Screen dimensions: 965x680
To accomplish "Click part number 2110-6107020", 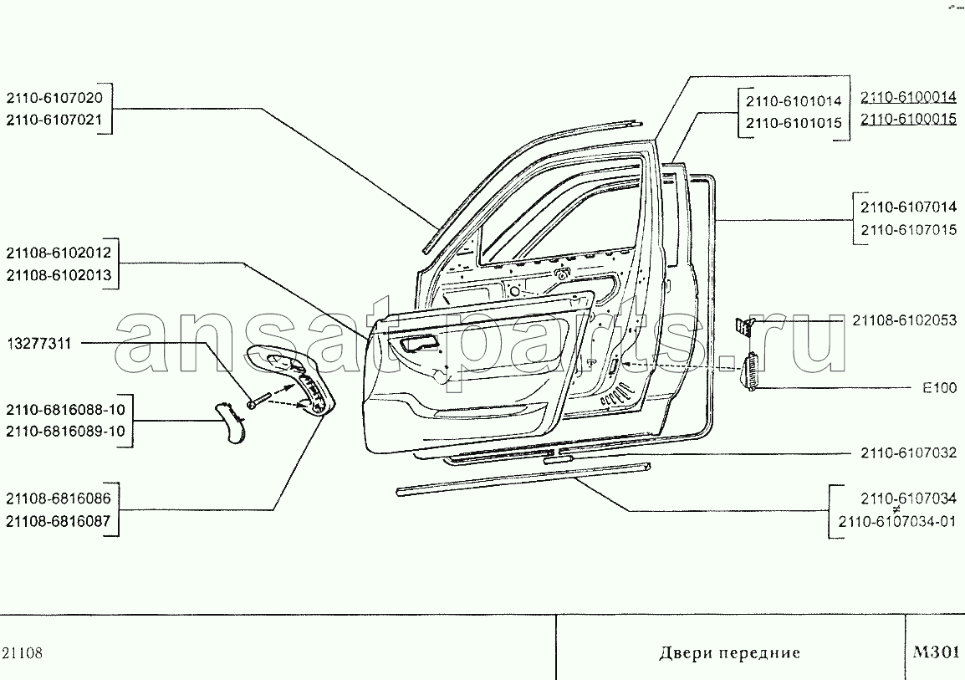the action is pos(55,98).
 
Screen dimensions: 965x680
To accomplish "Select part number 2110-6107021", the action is pos(55,120).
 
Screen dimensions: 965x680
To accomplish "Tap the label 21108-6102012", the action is pos(59,253).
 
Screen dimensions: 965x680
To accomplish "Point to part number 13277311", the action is pos(39,344).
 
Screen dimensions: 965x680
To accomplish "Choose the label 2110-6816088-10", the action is pos(66,410).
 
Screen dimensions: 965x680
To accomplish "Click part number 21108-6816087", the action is pos(59,521).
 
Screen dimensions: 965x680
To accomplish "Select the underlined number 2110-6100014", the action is pos(908,97).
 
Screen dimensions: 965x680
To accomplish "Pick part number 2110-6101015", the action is pos(794,123).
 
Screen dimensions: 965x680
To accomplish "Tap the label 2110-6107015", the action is pos(908,230).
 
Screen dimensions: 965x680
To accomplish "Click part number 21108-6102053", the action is pos(905,320).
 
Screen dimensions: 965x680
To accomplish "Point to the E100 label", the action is pos(940,388).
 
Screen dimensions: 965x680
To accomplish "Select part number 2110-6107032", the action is pos(909,453).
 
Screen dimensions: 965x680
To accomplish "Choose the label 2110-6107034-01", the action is pos(897,522).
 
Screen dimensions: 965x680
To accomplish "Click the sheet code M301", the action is pos(937,652).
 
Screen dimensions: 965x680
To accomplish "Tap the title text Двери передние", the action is pos(729,652).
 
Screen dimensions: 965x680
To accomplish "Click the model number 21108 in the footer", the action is pos(23,653).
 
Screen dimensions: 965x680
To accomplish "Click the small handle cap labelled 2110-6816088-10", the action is pos(230,422).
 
